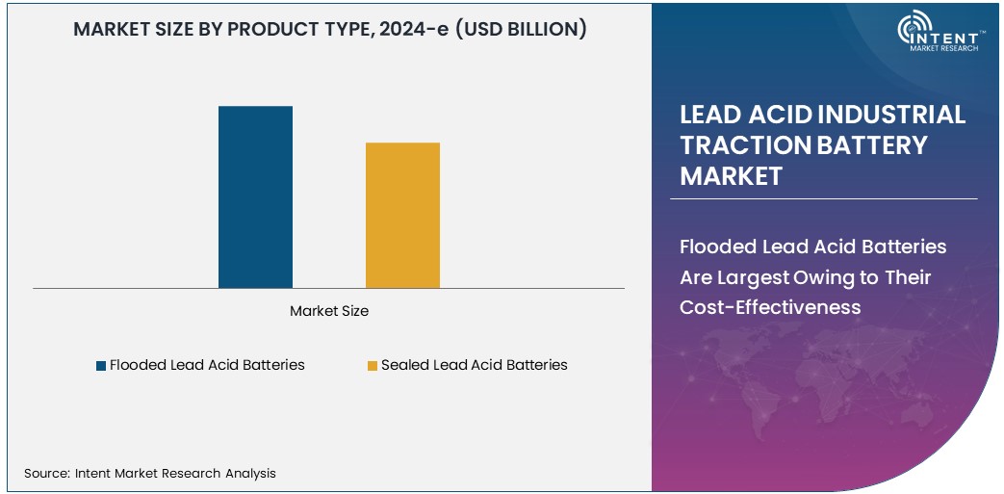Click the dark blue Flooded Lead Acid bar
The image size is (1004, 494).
coord(255,196)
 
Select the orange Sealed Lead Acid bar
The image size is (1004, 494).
coord(402,215)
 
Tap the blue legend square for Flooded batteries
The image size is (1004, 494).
coord(101,366)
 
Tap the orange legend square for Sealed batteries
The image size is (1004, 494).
coord(372,366)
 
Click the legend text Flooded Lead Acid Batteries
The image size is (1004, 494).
coord(207,365)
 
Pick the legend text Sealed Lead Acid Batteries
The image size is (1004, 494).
coord(474,365)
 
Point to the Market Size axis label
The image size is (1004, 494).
coord(329,311)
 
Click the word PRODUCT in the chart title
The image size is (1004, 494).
coord(268,29)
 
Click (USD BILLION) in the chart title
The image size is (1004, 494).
coord(520,29)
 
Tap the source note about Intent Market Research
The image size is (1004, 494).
coord(150,473)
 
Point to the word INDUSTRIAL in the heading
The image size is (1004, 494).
coord(891,115)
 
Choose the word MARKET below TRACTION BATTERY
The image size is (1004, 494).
coord(731,176)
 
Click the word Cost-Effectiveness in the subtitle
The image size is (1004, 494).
coord(770,307)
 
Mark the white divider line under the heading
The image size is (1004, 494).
coord(823,199)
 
